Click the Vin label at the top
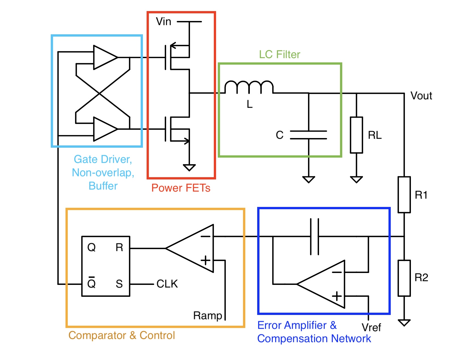pos(163,22)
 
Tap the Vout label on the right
pos(421,96)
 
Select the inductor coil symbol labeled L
pos(249,87)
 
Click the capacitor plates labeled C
pos(309,135)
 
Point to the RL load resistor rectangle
pos(356,135)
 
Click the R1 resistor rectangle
pos(404,195)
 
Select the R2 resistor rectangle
pos(404,278)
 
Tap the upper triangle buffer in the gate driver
pos(105,58)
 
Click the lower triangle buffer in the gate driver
pos(105,129)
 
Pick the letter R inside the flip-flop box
pos(119,248)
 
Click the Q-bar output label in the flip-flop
pos(91,283)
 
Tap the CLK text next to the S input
pos(167,284)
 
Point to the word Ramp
pos(208,315)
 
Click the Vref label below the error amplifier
pos(371,328)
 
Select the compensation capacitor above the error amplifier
pos(314,236)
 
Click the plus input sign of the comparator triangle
pos(206,260)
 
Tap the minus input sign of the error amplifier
pos(337,272)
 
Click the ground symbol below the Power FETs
pos(189,168)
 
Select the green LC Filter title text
pos(279,54)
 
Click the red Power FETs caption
pos(181,188)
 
